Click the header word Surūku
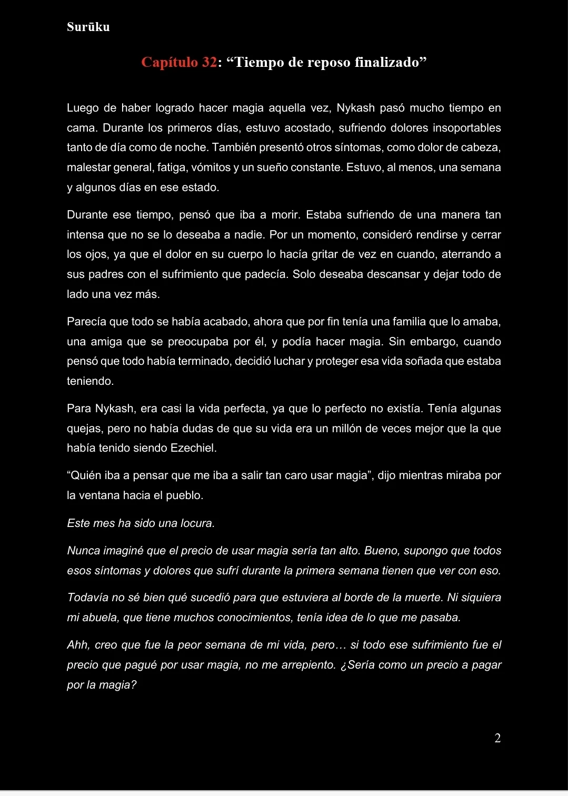point(88,27)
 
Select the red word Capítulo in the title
point(170,62)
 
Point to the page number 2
point(497,738)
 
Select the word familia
point(384,322)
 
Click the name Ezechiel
point(193,448)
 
